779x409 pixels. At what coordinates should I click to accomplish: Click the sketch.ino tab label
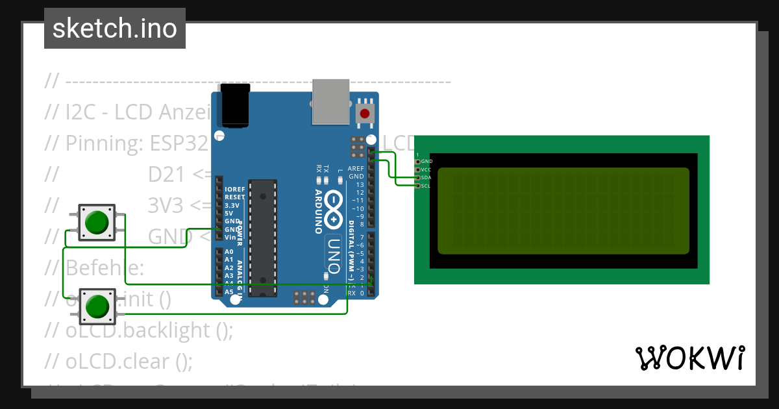coord(115,29)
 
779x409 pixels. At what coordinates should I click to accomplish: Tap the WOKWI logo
coord(689,358)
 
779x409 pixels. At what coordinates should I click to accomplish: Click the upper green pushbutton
coord(97,222)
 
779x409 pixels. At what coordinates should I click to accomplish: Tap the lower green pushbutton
coord(97,306)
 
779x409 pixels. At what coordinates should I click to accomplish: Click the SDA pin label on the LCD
coord(426,177)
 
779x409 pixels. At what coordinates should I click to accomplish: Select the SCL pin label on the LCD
coord(426,186)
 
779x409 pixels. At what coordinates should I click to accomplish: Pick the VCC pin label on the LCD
coord(426,169)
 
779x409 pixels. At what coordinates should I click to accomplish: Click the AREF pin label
coord(356,168)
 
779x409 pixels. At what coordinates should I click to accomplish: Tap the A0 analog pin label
coord(229,251)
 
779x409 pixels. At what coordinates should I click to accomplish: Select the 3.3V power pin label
coord(232,205)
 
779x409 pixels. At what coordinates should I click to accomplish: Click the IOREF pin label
coord(234,189)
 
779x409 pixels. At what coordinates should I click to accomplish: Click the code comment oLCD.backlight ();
coord(149,330)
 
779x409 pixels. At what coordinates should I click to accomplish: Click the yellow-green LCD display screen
coord(563,210)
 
